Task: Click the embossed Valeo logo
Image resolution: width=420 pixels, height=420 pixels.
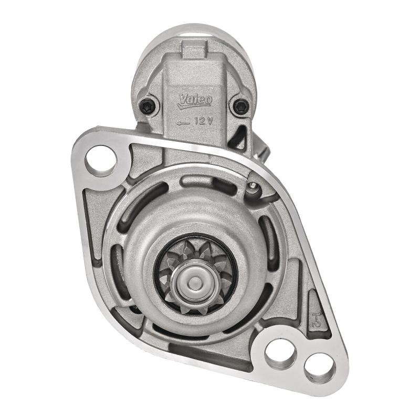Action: coord(194,100)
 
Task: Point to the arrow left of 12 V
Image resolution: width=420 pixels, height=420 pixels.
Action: coord(183,122)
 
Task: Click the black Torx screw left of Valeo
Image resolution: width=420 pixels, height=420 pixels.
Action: coord(149,106)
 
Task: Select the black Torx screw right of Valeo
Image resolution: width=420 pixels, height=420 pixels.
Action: coord(240,106)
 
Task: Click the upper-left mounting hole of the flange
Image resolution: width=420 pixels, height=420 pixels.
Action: coord(101,158)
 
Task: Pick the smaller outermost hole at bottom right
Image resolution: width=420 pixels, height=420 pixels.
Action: coord(319,365)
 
